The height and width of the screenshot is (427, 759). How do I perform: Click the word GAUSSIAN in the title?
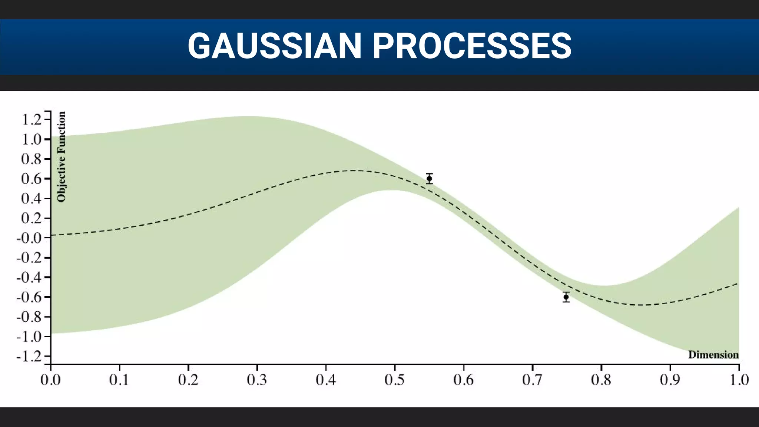tap(274, 46)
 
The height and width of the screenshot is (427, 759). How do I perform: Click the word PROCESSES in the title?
tap(471, 46)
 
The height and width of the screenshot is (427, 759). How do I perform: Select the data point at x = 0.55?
tap(429, 178)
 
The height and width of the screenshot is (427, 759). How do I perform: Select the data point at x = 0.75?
tap(566, 297)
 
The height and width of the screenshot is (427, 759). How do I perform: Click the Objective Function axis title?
tap(61, 157)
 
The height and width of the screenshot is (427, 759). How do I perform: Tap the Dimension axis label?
tap(713, 355)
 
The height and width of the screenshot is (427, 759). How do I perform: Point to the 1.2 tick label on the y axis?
tap(31, 120)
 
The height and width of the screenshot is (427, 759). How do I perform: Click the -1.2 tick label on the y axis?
tap(29, 356)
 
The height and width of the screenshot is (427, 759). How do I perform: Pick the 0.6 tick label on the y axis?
tap(31, 179)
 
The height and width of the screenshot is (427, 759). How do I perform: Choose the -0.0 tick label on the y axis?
tap(29, 238)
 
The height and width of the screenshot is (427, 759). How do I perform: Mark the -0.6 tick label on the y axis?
tap(29, 297)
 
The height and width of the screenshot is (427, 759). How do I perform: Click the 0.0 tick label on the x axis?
tap(50, 380)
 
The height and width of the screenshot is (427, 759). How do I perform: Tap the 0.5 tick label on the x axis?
tap(395, 380)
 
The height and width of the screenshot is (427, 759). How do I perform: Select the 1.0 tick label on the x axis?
tap(739, 380)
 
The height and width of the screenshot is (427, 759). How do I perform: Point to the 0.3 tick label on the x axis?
tap(257, 380)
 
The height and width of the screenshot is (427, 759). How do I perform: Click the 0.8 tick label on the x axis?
tap(601, 380)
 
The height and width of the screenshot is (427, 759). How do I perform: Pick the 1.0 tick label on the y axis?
tap(31, 139)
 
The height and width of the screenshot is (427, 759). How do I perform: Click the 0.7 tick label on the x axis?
tap(532, 380)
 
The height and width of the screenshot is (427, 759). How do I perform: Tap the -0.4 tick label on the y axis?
tap(29, 277)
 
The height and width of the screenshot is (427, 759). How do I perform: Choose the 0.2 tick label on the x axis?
tap(188, 380)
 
